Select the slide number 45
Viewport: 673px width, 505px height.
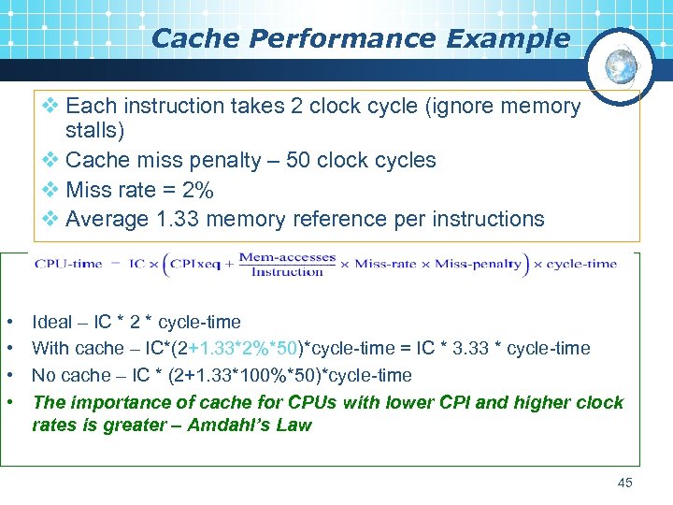tap(625, 483)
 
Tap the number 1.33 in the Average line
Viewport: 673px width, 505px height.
tap(178, 219)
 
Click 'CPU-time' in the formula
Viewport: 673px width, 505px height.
tap(68, 264)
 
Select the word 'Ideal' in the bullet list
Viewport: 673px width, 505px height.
tap(51, 323)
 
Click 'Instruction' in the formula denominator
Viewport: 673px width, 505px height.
tap(287, 272)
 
